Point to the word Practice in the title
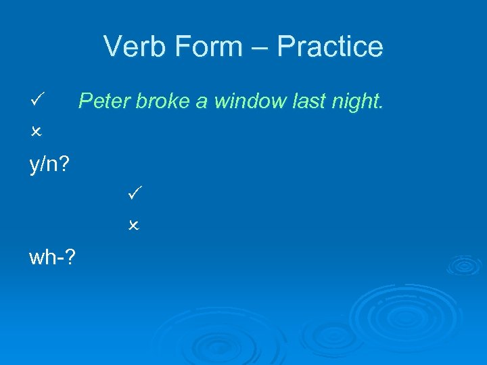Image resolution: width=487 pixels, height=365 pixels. coord(330,47)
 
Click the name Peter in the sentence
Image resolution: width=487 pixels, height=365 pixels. coord(104,101)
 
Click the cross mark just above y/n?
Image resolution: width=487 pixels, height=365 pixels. coord(37,132)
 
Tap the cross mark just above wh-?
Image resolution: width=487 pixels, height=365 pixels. coord(133,225)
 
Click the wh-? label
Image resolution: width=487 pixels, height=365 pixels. coord(53,257)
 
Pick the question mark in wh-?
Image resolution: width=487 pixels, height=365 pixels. coord(72,257)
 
